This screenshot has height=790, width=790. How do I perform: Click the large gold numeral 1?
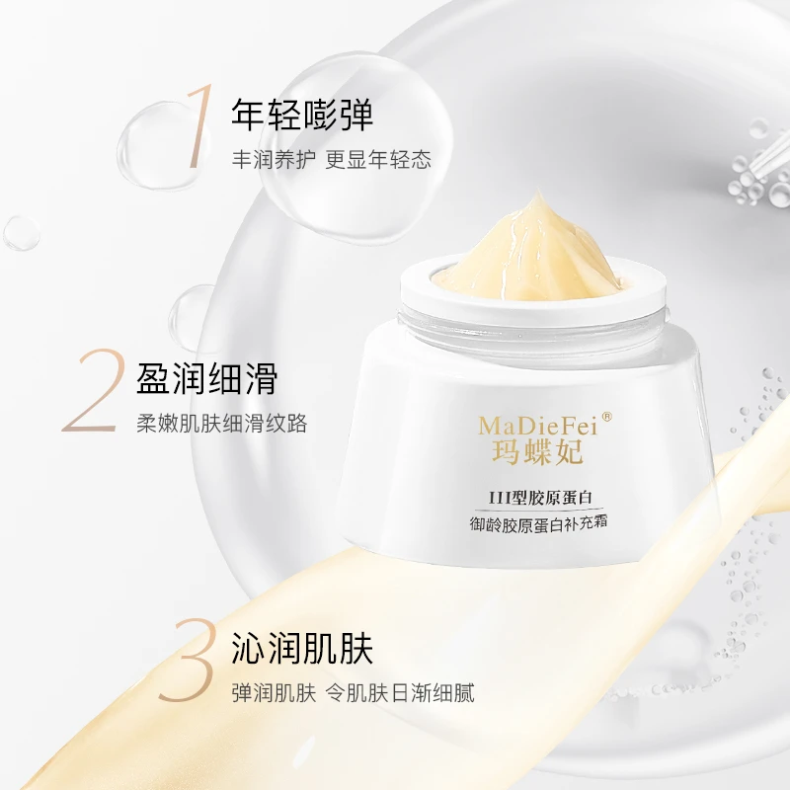pyautogui.click(x=199, y=126)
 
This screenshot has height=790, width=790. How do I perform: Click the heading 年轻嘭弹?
pyautogui.click(x=302, y=115)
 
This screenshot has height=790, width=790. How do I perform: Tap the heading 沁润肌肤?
pyautogui.click(x=302, y=649)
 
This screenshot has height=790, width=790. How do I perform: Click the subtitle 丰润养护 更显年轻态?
pyautogui.click(x=332, y=159)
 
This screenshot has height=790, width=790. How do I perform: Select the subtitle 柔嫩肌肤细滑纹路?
pyautogui.click(x=221, y=424)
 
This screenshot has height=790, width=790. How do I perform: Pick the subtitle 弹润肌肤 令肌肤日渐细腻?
pyautogui.click(x=353, y=693)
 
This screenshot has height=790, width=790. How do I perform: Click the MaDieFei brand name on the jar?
pyautogui.click(x=537, y=427)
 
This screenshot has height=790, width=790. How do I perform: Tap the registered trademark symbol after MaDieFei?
pyautogui.click(x=607, y=417)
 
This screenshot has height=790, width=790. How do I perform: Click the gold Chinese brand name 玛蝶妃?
pyautogui.click(x=537, y=451)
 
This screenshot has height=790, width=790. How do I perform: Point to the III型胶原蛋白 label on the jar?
pyautogui.click(x=539, y=498)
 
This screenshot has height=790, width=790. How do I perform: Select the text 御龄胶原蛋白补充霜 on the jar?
pyautogui.click(x=538, y=524)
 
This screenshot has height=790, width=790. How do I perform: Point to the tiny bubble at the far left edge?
pyautogui.click(x=21, y=234)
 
